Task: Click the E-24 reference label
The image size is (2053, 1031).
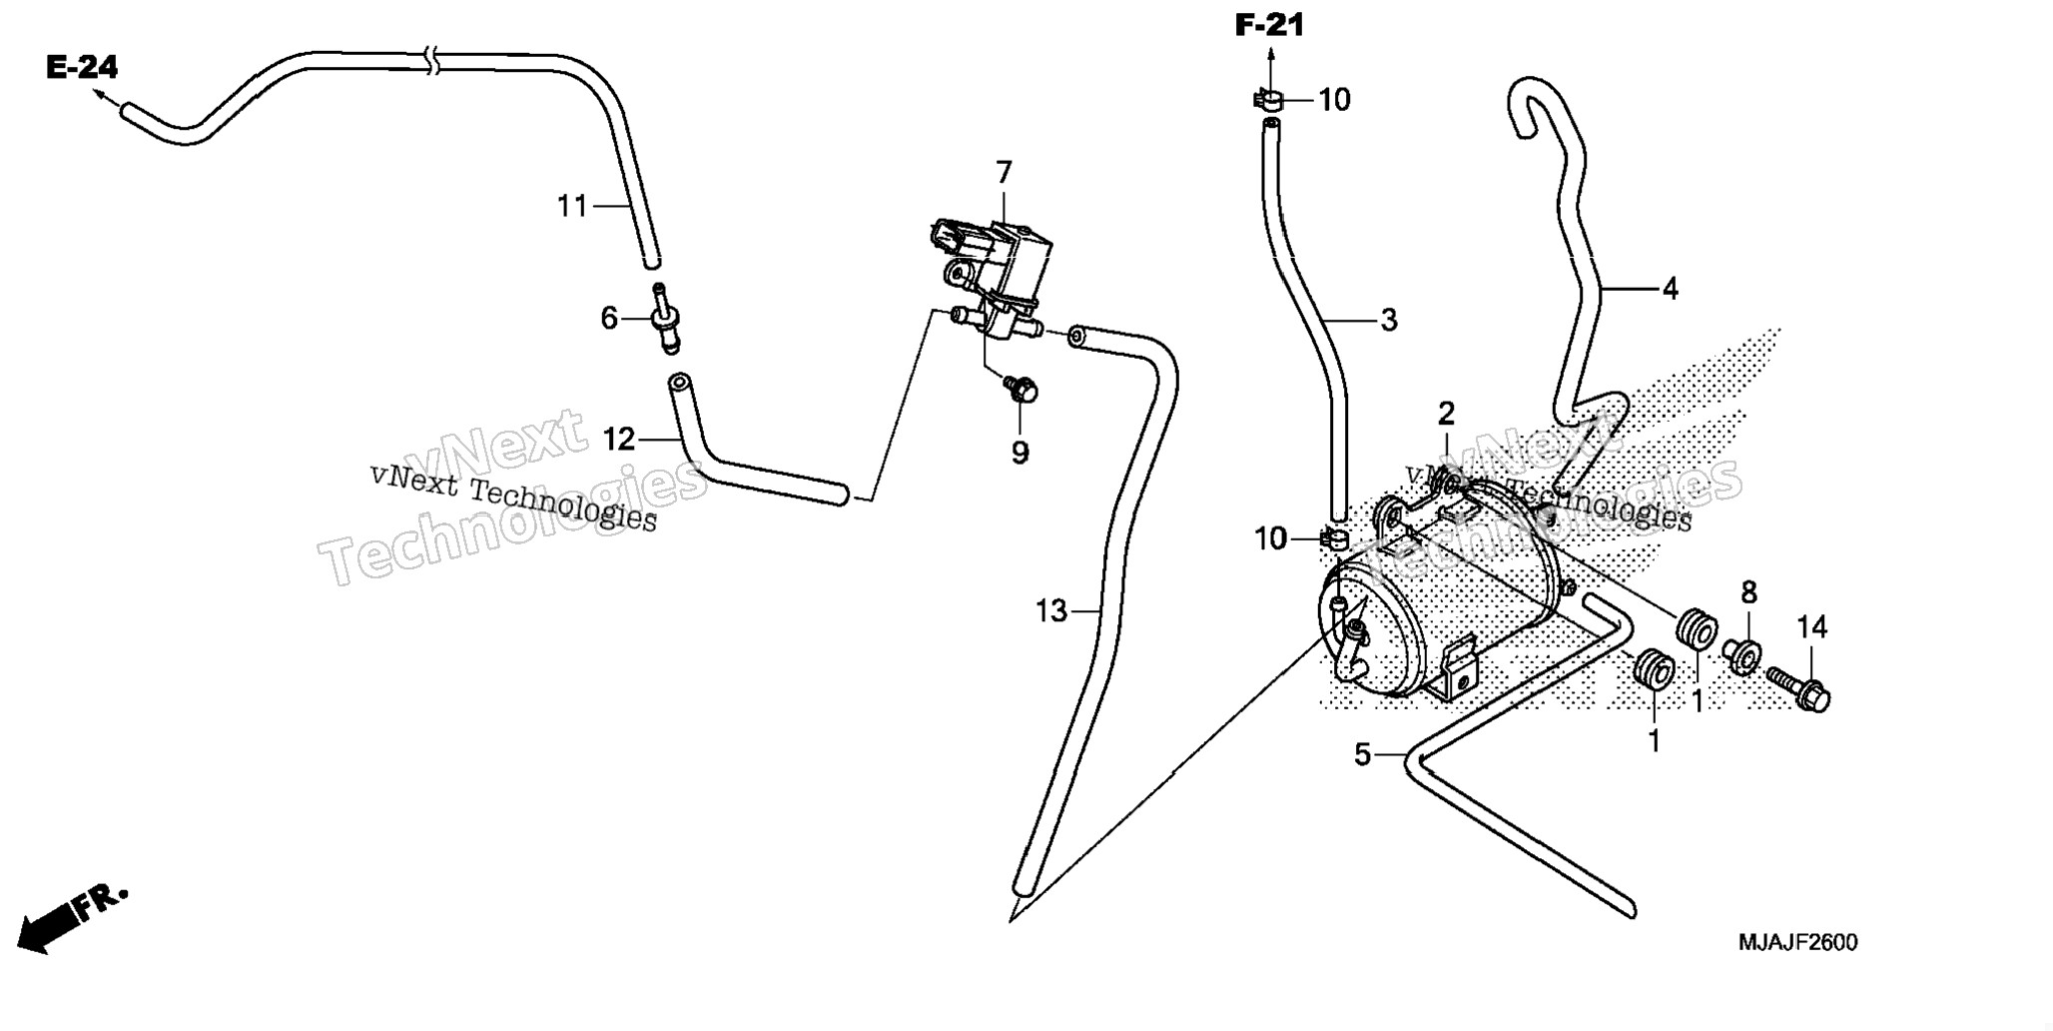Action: (82, 68)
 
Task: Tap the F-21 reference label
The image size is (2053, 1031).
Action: (1269, 25)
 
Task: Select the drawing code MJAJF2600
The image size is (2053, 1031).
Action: (1797, 942)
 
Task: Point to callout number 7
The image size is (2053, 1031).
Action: (1004, 172)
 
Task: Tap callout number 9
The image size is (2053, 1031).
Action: (1020, 453)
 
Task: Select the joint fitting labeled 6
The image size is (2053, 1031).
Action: (665, 318)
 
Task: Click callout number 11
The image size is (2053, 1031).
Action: (572, 206)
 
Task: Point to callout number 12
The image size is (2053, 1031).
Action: (619, 439)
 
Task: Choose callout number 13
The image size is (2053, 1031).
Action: (1051, 610)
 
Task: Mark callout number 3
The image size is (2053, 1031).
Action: (1388, 320)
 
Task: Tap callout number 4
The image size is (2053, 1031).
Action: (1671, 289)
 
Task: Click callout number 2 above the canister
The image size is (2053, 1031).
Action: (1446, 413)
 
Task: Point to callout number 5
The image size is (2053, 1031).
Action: (1362, 754)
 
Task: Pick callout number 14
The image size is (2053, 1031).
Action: (1811, 627)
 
